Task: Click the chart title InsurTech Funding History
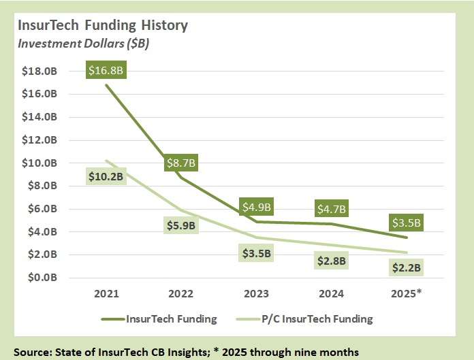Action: click(x=103, y=27)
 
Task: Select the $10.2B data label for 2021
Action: click(x=106, y=176)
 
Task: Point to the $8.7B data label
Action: click(x=180, y=163)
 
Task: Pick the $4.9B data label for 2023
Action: click(x=257, y=207)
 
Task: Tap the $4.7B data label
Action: click(x=332, y=209)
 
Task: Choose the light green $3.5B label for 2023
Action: click(x=256, y=254)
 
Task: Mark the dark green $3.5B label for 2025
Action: click(x=406, y=223)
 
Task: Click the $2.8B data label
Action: click(x=332, y=261)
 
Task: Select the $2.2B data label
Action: click(x=406, y=268)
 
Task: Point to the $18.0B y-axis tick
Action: click(x=43, y=71)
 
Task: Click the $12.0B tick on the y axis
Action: click(x=43, y=140)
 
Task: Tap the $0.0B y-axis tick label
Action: click(x=45, y=278)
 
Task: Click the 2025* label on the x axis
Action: click(x=407, y=294)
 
